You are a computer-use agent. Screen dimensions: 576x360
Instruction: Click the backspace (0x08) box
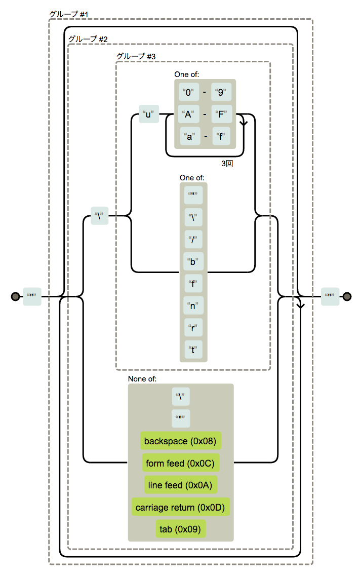[x=180, y=441]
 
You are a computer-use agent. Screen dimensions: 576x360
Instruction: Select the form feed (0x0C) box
[x=180, y=463]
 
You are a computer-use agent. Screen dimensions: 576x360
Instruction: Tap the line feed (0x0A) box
[x=180, y=485]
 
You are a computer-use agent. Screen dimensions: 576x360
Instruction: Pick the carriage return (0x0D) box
[x=180, y=507]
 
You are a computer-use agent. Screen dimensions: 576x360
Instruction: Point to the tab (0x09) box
[x=180, y=529]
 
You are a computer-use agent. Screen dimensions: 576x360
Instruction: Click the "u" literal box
[x=149, y=114]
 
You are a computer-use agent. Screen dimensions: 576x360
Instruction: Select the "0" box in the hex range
[x=188, y=93]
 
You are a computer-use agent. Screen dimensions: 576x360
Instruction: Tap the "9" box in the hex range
[x=221, y=93]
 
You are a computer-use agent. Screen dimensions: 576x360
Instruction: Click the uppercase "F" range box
[x=221, y=114]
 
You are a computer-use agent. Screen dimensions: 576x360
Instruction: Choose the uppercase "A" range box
[x=188, y=114]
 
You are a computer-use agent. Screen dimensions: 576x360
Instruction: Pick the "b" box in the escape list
[x=193, y=261]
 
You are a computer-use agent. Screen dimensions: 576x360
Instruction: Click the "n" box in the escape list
[x=193, y=305]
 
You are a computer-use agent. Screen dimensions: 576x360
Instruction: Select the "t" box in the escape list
[x=193, y=349]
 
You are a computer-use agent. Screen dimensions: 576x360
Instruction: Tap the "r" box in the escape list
[x=193, y=327]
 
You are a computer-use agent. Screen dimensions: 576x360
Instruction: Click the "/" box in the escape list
[x=193, y=239]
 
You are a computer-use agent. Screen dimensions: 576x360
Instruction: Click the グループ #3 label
[x=135, y=56]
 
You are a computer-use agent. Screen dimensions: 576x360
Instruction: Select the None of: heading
[x=142, y=378]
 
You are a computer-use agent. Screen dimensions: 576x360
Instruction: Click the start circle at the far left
[x=15, y=296]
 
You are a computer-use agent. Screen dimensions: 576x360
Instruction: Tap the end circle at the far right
[x=347, y=296]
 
